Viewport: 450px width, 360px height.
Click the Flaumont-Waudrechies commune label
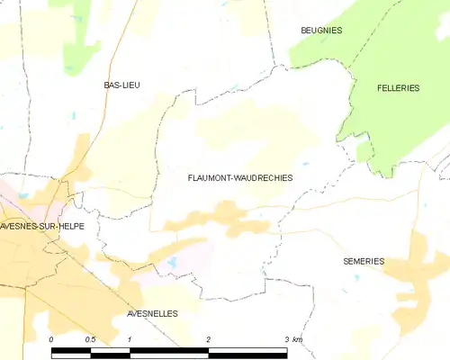pos(239,178)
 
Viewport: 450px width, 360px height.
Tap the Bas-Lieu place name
pos(121,85)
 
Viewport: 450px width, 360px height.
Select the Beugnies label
pos(321,31)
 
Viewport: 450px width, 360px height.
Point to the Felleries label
pos(398,87)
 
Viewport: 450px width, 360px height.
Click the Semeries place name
pos(364,261)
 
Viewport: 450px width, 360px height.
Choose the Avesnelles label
pos(152,313)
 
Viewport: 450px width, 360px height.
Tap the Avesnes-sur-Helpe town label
pos(42,226)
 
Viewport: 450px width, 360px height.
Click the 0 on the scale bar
pos(51,339)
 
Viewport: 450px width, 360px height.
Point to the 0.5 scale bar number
pos(90,339)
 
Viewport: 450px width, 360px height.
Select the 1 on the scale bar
pos(130,339)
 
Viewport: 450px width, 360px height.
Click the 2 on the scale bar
pos(209,339)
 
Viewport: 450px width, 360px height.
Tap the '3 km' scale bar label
pos(293,339)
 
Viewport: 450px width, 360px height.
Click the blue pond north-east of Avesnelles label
pos(171,263)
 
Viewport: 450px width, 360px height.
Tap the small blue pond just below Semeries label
pos(357,278)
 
